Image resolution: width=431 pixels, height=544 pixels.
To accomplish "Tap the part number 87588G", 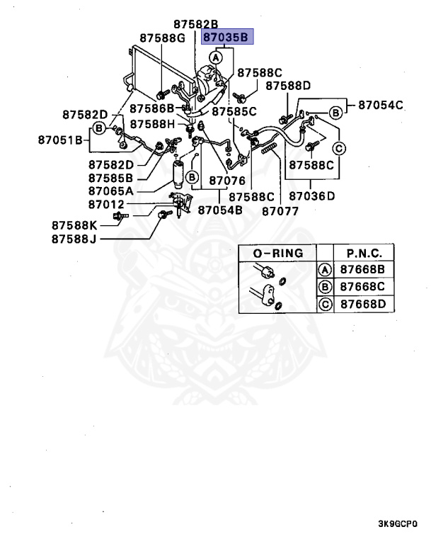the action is [161, 38].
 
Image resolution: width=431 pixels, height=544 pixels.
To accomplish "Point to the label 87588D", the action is [288, 86].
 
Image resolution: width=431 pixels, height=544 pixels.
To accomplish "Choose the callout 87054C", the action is [380, 105].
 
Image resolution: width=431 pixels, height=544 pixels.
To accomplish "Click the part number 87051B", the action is [62, 139].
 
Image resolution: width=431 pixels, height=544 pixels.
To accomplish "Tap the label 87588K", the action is [74, 225].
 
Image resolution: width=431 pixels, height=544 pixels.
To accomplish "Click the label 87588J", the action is [74, 239].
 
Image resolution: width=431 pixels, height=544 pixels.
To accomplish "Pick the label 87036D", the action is [312, 195].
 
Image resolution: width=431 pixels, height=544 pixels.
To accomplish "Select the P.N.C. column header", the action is [364, 253].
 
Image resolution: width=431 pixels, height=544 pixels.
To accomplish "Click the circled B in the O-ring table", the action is [325, 287].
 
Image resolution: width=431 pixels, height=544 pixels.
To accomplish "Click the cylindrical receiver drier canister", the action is [178, 174].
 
